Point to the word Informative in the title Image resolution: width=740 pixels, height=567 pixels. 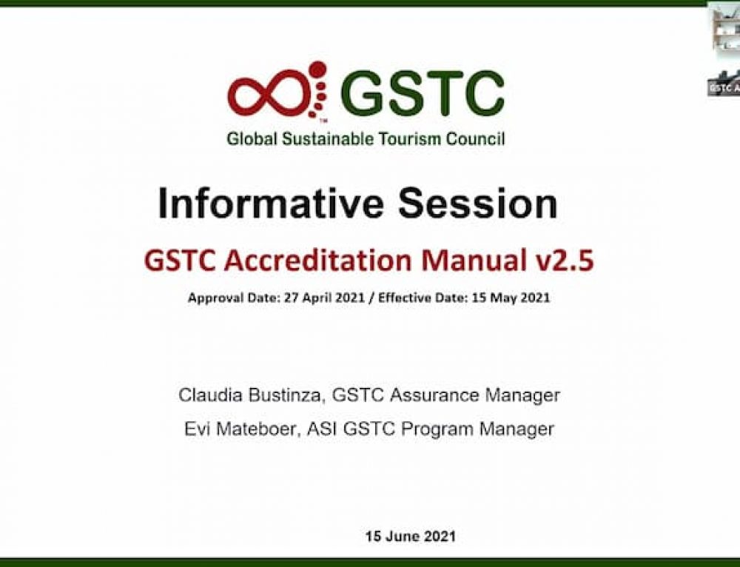tap(270, 204)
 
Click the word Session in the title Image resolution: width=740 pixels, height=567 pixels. tap(478, 204)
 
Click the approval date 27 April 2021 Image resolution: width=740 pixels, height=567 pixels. tap(324, 298)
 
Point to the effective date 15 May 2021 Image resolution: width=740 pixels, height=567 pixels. tap(511, 298)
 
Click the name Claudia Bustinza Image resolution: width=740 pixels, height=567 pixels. tap(249, 395)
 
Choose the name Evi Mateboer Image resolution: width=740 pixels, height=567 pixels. tap(240, 429)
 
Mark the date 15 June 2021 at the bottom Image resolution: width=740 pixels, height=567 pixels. tap(410, 537)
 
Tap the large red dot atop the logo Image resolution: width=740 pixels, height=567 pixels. tap(317, 70)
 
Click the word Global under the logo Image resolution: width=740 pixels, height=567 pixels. tap(252, 139)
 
